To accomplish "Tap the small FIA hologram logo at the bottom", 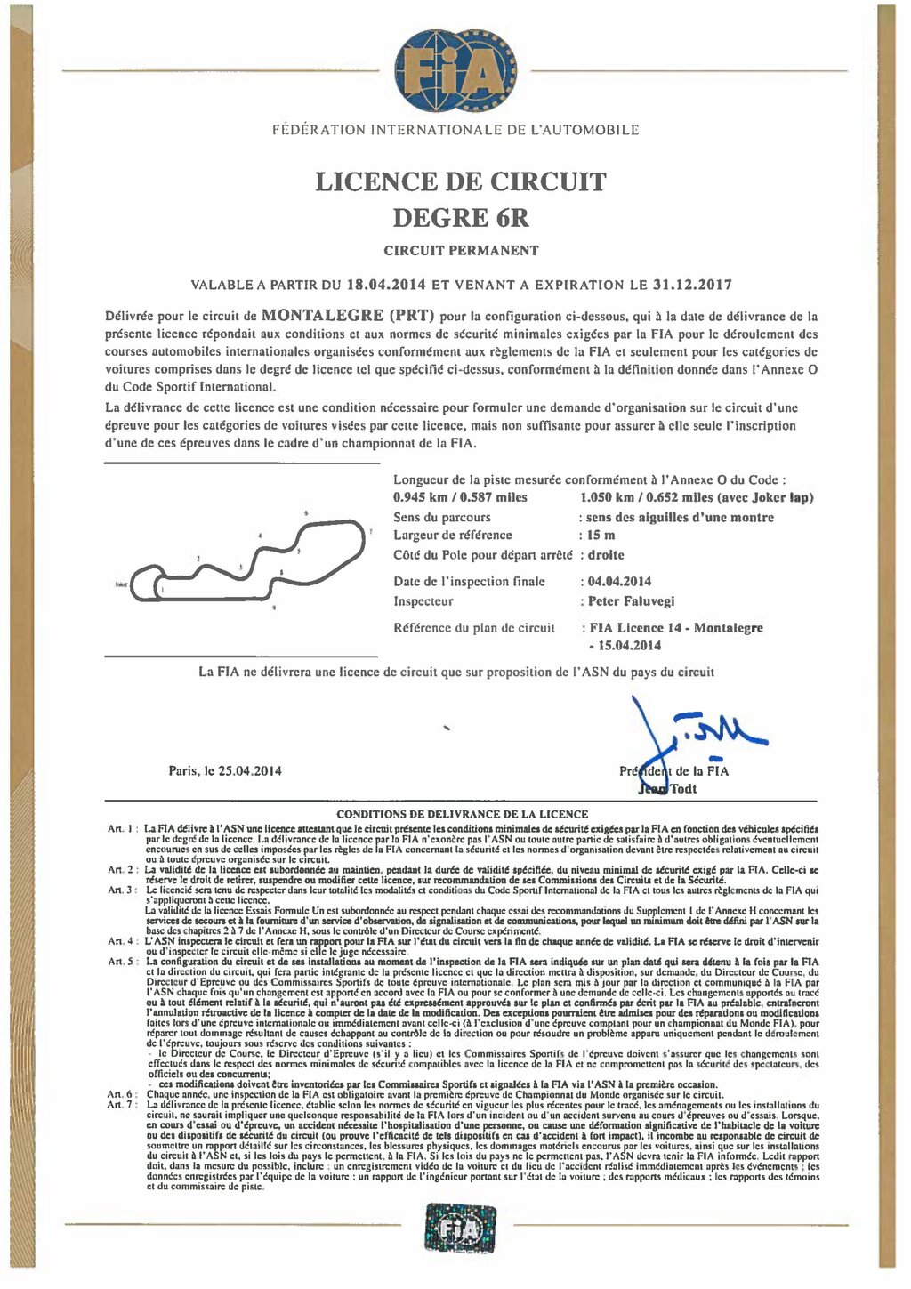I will (x=455, y=1229).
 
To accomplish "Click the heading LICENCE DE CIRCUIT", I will (x=461, y=181).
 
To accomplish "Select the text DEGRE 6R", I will (x=461, y=217).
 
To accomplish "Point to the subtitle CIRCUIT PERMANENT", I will (x=461, y=251).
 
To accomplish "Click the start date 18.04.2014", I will (x=386, y=286).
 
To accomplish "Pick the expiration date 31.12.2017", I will (x=691, y=286).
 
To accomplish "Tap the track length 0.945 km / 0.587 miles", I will (x=460, y=498).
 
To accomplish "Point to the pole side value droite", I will (x=605, y=555).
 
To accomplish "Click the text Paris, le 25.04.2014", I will (x=225, y=771).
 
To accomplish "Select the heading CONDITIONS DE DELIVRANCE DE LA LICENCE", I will (x=462, y=814).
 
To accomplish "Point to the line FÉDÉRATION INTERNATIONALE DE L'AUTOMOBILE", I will (x=455, y=131).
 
